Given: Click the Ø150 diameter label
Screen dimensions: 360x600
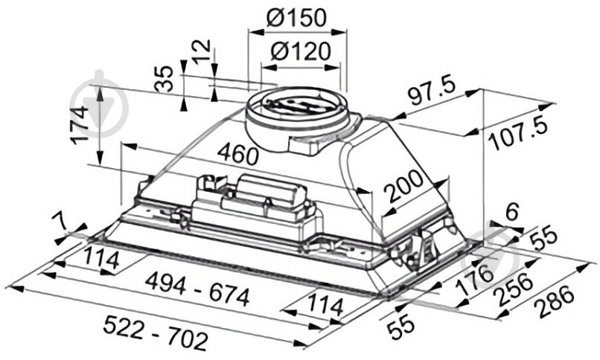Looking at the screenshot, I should point(296,18).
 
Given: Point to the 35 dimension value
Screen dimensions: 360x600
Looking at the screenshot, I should point(166,79).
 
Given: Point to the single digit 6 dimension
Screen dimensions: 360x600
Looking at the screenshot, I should point(510,213).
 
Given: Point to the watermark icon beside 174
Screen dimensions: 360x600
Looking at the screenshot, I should point(112,106).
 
